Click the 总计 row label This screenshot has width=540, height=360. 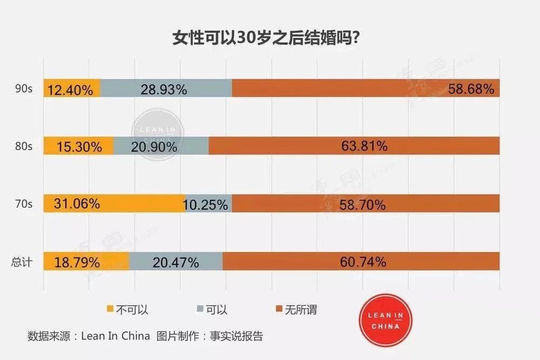point(22,262)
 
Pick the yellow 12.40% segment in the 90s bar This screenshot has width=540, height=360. point(72,89)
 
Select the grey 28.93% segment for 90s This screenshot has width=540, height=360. point(166,89)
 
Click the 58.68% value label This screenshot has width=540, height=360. point(471,89)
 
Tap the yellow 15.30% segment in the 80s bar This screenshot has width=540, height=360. point(79,146)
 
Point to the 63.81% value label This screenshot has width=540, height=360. point(363,146)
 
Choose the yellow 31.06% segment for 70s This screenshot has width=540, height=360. point(114,204)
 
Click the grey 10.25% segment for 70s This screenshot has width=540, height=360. point(208,204)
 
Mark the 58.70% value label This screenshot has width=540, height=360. point(363,205)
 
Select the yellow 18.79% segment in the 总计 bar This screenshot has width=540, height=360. point(86,262)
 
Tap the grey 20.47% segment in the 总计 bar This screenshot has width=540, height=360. point(176,262)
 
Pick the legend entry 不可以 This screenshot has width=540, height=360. point(127,309)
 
